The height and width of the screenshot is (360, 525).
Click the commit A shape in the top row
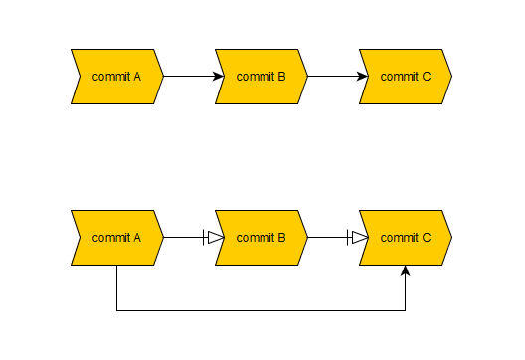[x=116, y=76]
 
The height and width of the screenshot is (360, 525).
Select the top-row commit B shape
[x=262, y=76]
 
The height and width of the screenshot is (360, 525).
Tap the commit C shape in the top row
[x=406, y=76]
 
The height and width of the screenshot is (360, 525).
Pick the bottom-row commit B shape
[x=262, y=238]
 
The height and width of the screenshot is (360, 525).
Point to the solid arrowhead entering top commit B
[x=220, y=76]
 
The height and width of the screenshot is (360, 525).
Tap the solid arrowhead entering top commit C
[x=364, y=76]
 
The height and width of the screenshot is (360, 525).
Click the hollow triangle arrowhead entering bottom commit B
[x=215, y=238]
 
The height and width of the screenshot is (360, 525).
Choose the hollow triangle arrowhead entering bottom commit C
[x=359, y=238]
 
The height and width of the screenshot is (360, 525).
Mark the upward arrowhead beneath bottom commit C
[x=406, y=271]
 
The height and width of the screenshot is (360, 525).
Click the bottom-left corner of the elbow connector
[x=117, y=310]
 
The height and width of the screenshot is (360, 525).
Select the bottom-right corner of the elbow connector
[x=406, y=310]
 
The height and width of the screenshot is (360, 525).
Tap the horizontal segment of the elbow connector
[x=262, y=310]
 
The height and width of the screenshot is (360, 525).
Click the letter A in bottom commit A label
[x=136, y=238]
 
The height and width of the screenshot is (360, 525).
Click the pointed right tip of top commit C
[x=451, y=76]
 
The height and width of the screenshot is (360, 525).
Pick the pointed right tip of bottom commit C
[x=451, y=238]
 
